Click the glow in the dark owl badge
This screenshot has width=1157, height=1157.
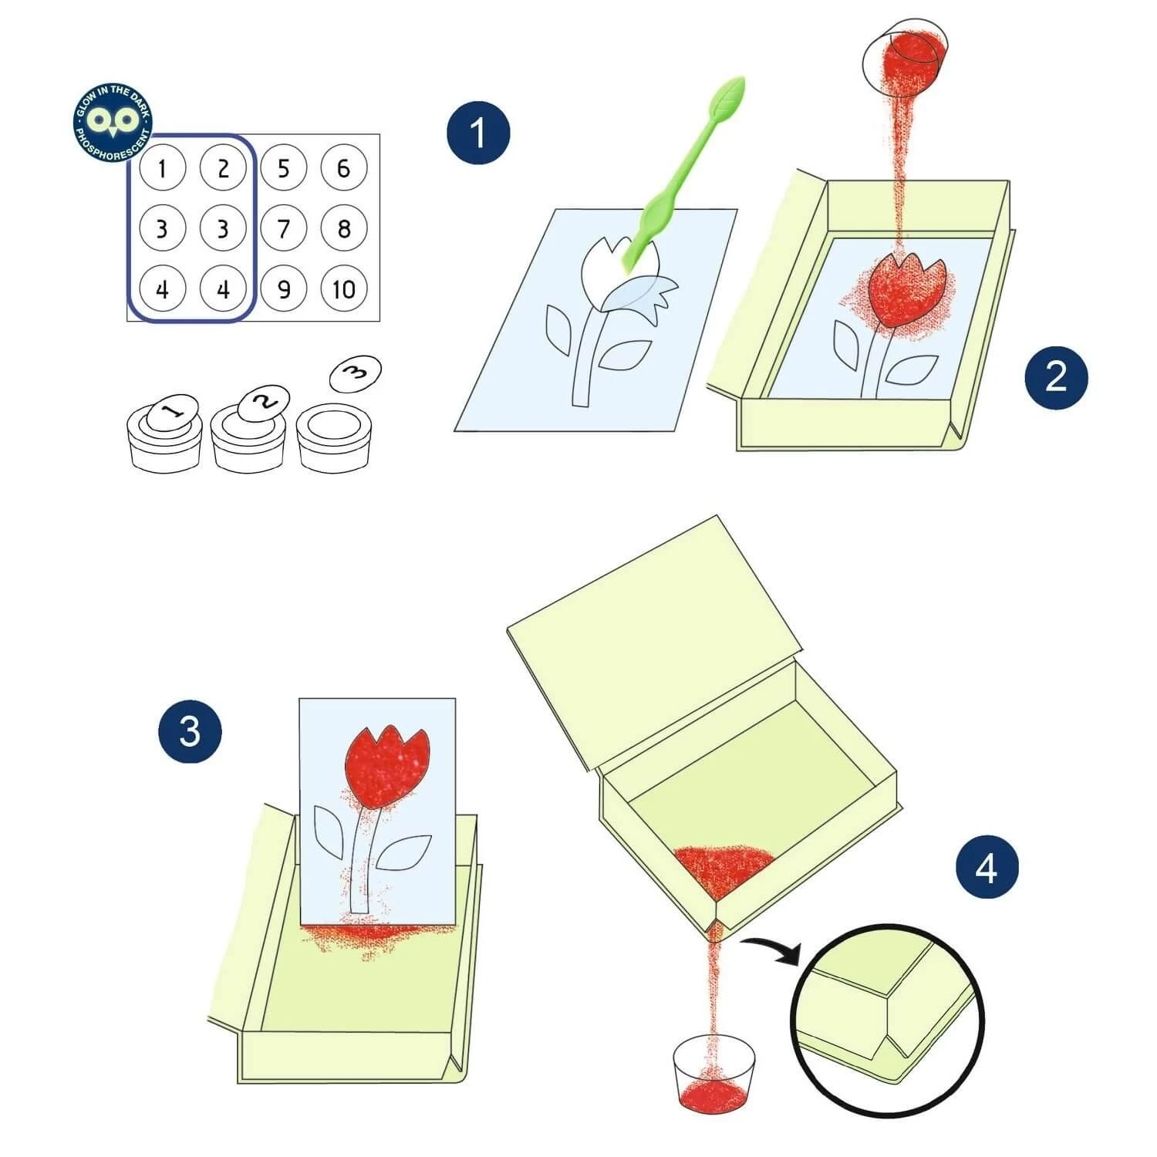click(113, 122)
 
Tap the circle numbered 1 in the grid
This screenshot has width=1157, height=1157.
click(162, 167)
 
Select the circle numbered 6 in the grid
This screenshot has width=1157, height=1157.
click(344, 167)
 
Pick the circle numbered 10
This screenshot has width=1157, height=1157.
click(344, 289)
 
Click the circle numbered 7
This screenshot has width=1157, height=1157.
click(283, 228)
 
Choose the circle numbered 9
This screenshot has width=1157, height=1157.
click(283, 289)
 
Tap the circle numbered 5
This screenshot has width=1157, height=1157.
click(283, 167)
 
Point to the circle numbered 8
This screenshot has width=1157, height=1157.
click(344, 228)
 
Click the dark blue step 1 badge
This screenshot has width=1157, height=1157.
click(478, 132)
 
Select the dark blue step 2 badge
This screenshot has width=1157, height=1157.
click(1056, 376)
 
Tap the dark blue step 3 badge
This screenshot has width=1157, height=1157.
click(190, 730)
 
